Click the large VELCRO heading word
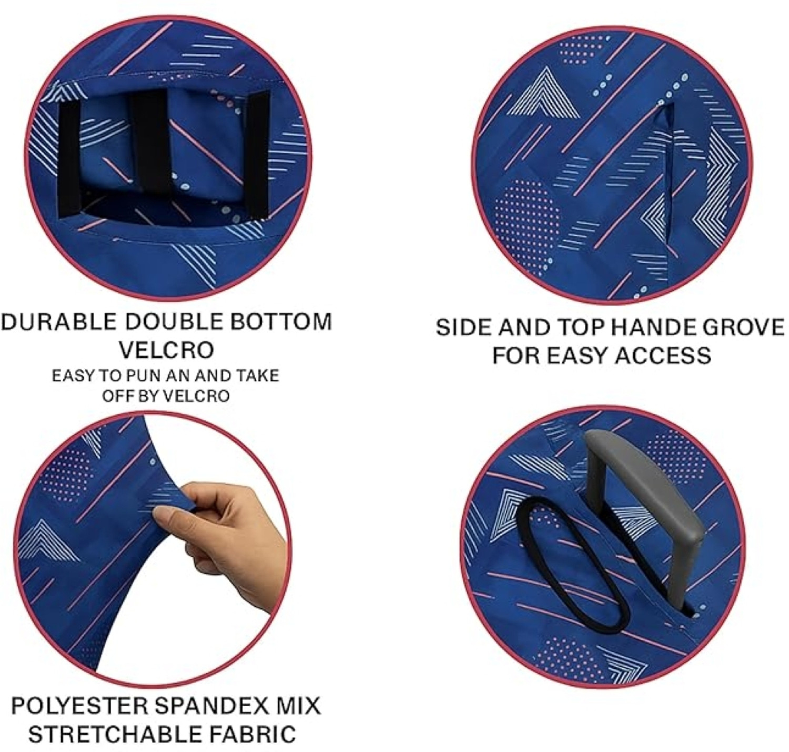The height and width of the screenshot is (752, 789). (x=166, y=350)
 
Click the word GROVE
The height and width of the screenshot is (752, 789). (x=744, y=327)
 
